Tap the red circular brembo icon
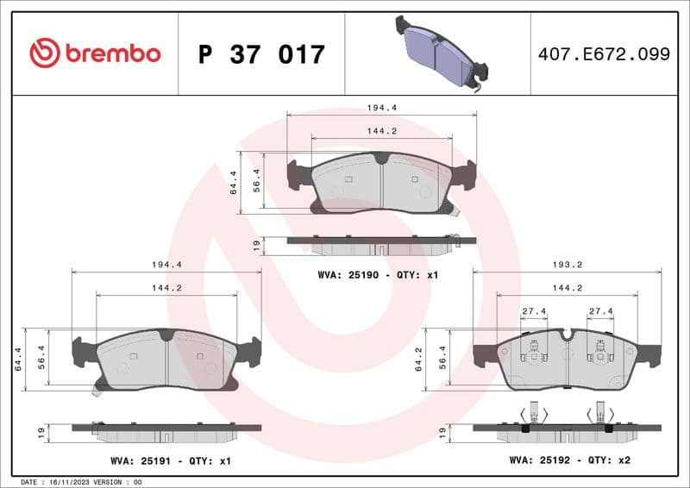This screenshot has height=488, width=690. pos(45,53)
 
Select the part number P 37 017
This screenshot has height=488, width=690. pos(261,54)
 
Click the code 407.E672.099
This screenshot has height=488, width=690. pos(604,54)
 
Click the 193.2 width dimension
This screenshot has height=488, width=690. pos(567,266)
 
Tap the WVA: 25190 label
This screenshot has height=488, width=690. pos(342,274)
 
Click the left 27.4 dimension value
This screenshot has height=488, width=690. pos(533,312)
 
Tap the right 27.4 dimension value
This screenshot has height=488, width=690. pos(600,312)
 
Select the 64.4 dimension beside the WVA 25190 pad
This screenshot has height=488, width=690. pos(234,182)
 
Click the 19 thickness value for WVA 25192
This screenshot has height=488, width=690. pos(442,429)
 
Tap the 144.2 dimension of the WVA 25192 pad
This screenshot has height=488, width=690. pos(567,288)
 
